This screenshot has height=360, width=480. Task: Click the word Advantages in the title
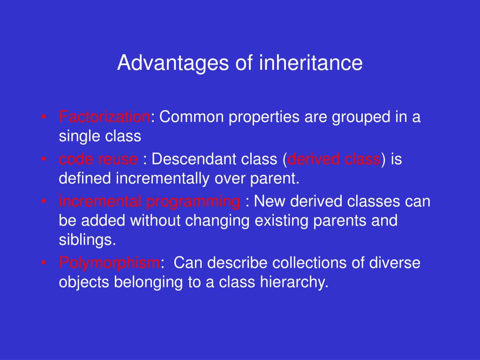(173, 64)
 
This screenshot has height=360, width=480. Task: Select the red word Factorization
(105, 117)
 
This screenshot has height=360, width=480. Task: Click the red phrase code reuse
(98, 159)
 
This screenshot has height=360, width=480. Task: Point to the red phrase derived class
(334, 159)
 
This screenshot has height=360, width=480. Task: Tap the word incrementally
(163, 179)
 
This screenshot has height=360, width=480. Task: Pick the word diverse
(395, 262)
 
